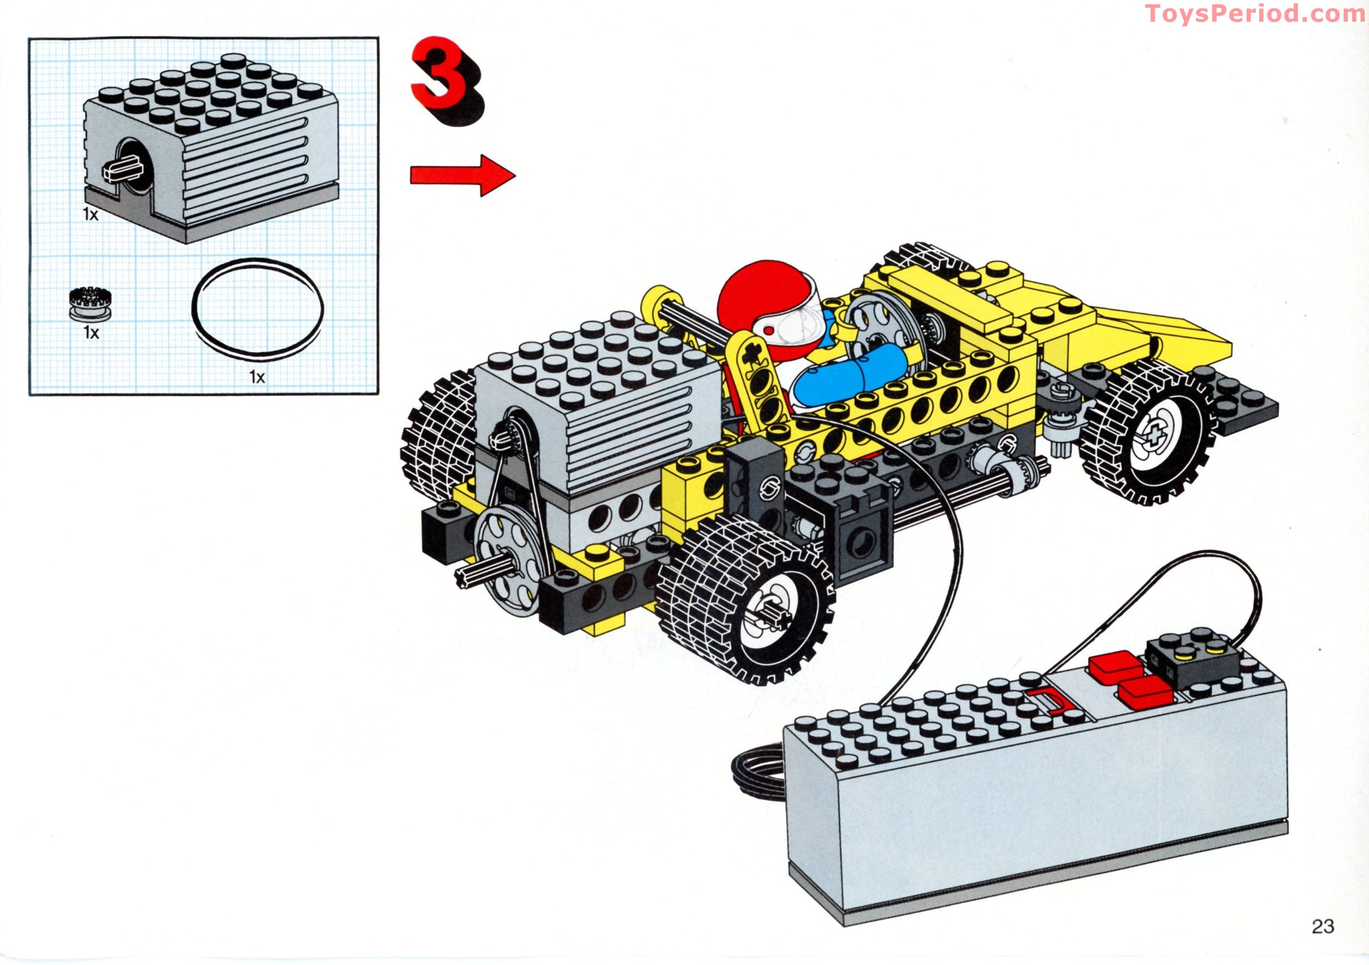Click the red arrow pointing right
click(463, 175)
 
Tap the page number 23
click(1322, 926)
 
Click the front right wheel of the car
click(1148, 438)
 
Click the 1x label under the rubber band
click(257, 377)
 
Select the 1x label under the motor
click(91, 214)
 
